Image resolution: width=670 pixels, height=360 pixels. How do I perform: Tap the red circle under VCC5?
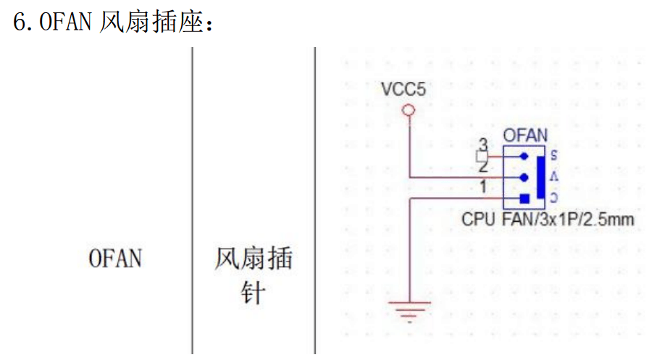pyautogui.click(x=409, y=111)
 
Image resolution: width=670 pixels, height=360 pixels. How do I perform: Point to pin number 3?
pyautogui.click(x=483, y=144)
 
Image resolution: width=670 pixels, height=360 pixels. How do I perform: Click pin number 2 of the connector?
pyautogui.click(x=483, y=166)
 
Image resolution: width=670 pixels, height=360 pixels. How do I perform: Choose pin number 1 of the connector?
pyautogui.click(x=482, y=188)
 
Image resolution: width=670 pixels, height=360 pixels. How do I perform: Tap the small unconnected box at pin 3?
pyautogui.click(x=480, y=156)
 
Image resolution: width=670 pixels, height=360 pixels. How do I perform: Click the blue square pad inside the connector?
pyautogui.click(x=524, y=198)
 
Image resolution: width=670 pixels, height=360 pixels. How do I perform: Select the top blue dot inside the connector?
pyautogui.click(x=524, y=155)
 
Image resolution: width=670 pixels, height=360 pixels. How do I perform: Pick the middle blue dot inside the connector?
pyautogui.click(x=524, y=177)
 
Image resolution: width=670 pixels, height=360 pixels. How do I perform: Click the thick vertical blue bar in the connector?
pyautogui.click(x=539, y=177)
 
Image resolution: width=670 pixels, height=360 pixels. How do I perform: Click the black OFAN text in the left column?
pyautogui.click(x=115, y=259)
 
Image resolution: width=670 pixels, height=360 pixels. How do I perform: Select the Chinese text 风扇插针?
pyautogui.click(x=252, y=275)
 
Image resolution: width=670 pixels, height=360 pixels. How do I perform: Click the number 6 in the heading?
pyautogui.click(x=20, y=22)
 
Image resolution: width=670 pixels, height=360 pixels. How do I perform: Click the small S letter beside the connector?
pyautogui.click(x=553, y=155)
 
